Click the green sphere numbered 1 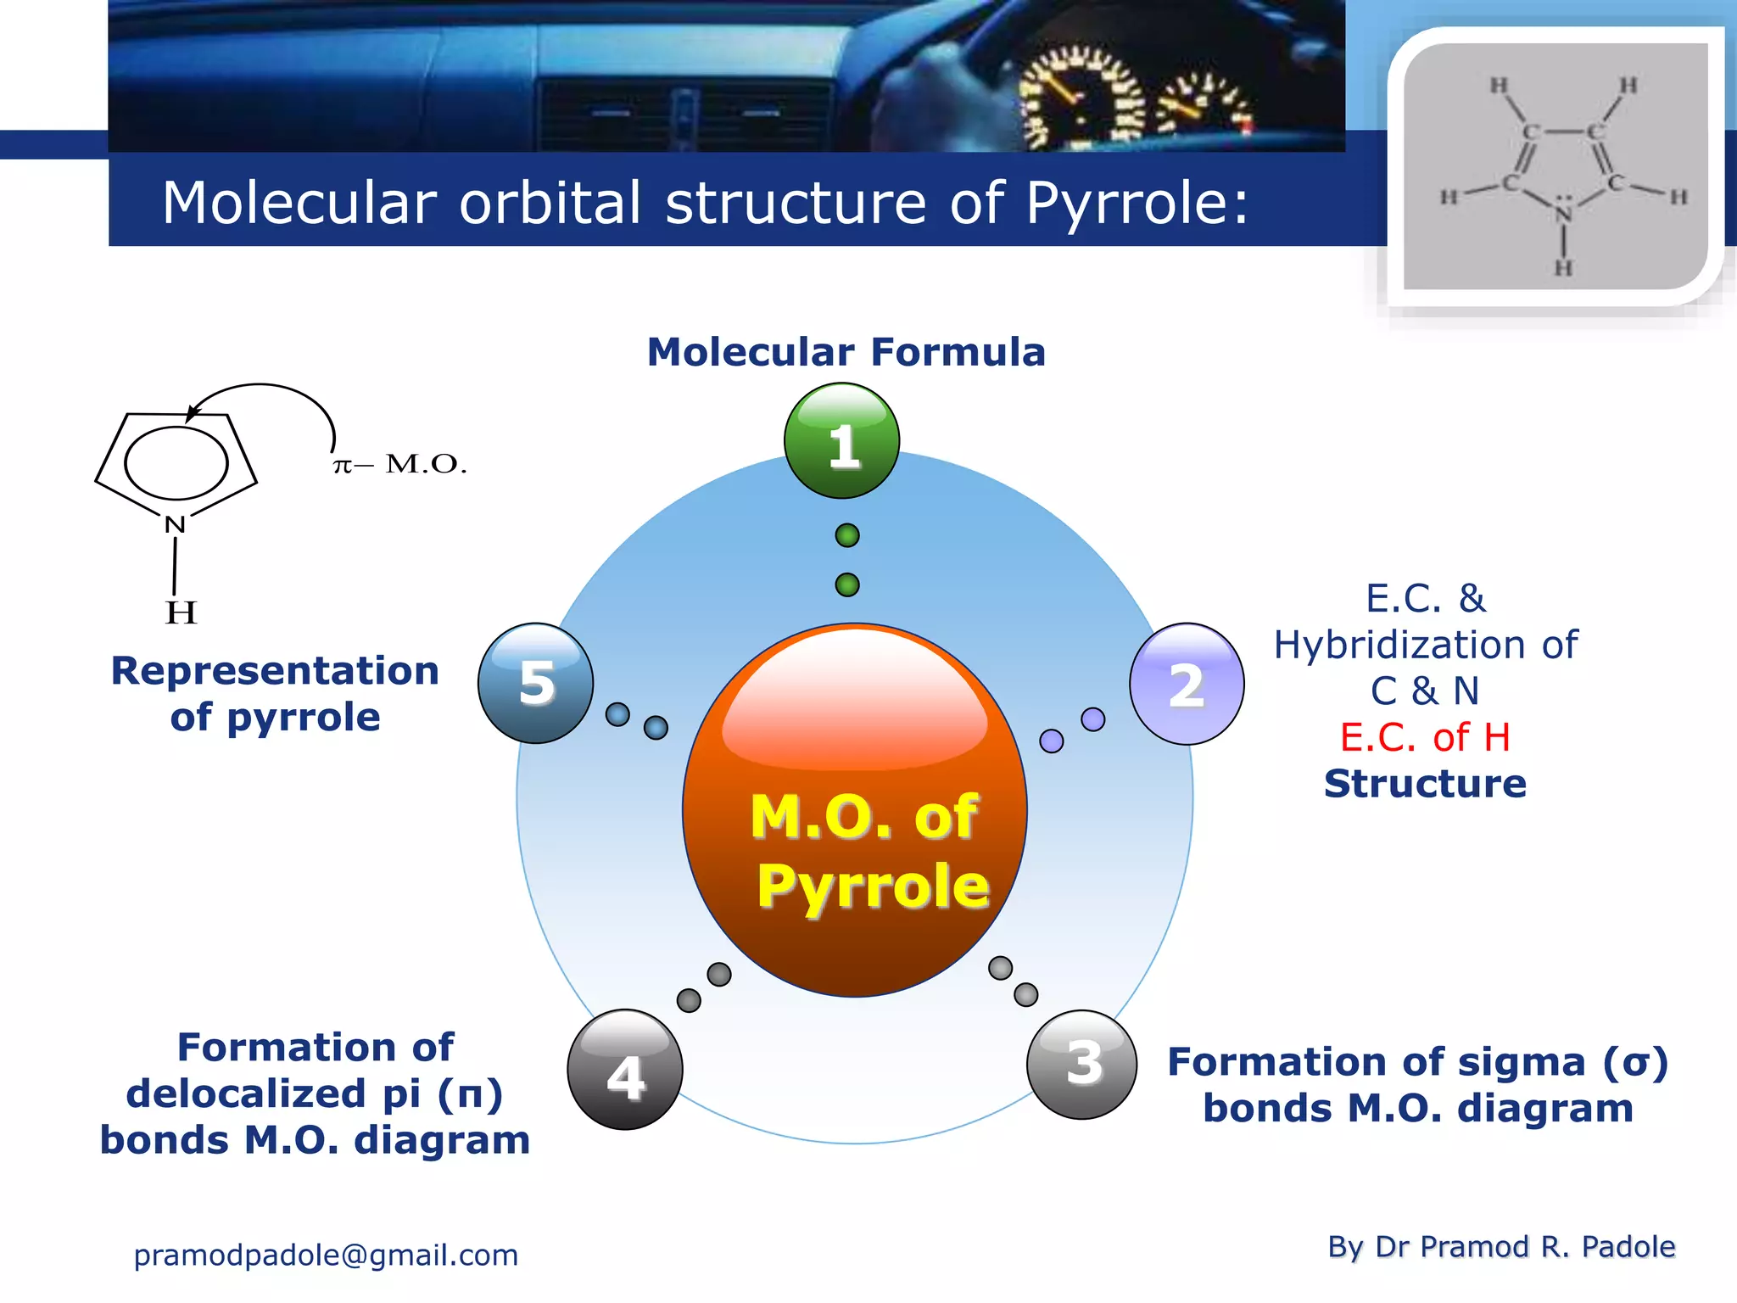841,441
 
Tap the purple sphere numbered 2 1187,684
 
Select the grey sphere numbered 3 1082,1064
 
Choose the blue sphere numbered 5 535,683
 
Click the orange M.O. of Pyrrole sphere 855,810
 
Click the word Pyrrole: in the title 1137,204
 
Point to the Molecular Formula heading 846,352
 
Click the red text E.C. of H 1425,737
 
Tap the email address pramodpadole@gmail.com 326,1255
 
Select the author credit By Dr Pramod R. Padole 1500,1246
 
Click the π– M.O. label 399,464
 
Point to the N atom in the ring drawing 175,524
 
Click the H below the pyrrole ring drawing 181,612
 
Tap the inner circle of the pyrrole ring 176,462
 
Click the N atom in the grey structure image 1563,212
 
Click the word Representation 275,671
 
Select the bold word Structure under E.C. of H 1425,783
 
